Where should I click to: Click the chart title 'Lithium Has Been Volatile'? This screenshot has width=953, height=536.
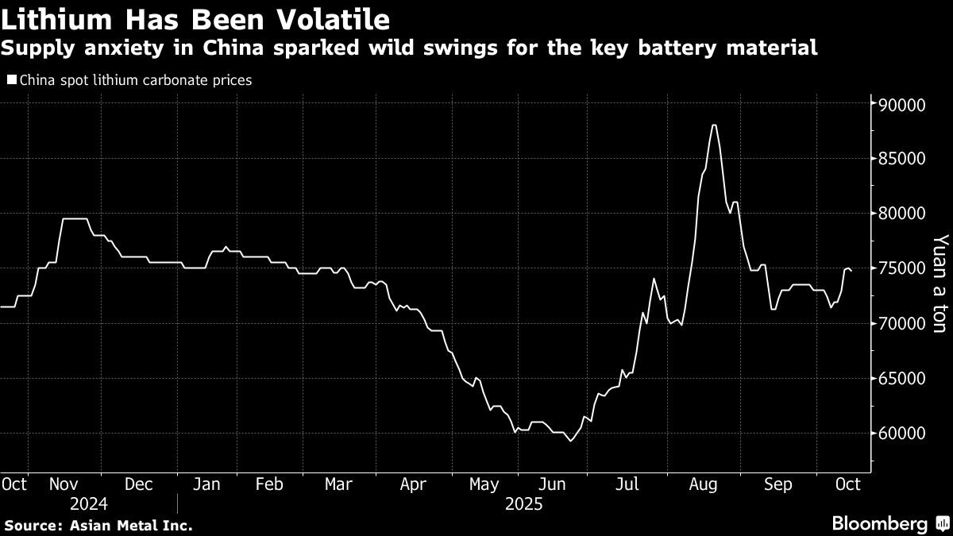(x=195, y=19)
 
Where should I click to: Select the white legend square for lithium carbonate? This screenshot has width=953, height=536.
(x=10, y=80)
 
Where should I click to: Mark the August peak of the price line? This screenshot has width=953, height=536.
(x=714, y=125)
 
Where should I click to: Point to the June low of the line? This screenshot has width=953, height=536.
(x=569, y=441)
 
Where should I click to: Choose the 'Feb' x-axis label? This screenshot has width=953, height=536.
(x=268, y=484)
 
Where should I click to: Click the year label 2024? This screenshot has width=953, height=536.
(x=89, y=504)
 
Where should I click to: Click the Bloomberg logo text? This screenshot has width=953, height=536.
(x=879, y=524)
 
